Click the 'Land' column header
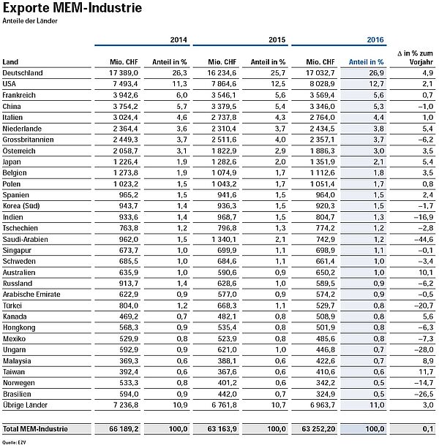[10, 63]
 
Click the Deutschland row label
[23, 73]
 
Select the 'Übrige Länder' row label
[24, 403]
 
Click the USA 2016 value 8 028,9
[318, 84]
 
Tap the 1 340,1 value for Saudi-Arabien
[219, 238]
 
